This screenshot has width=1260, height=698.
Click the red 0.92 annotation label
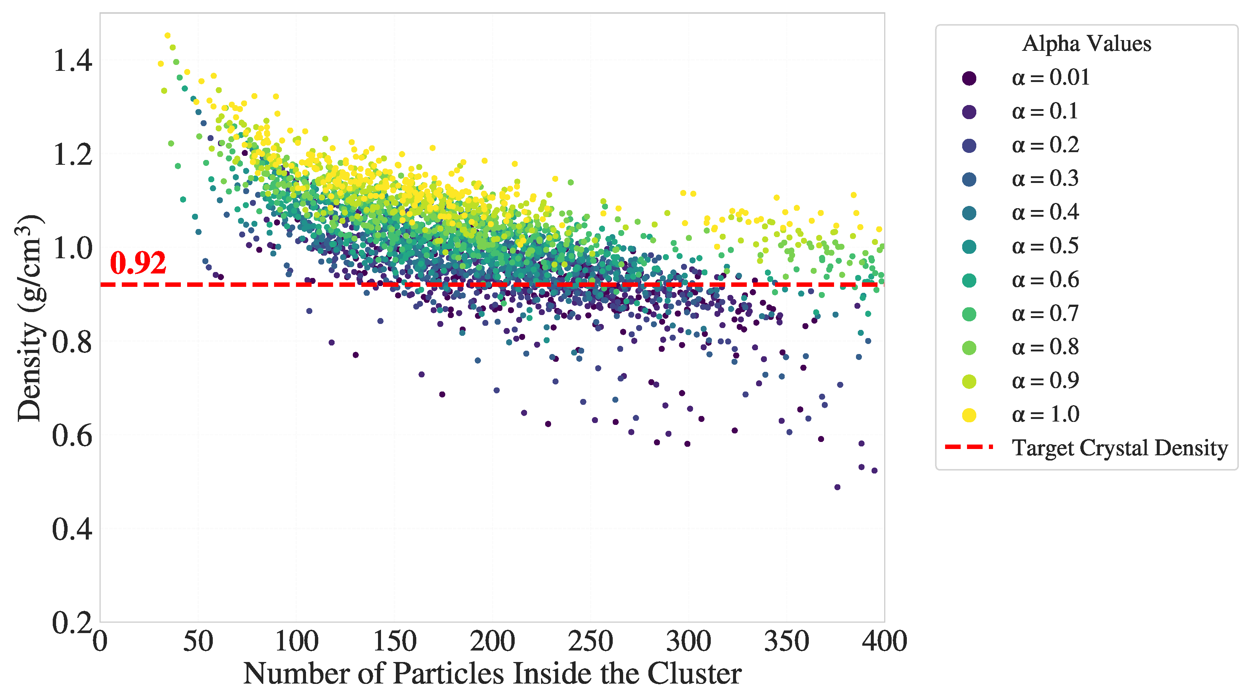(138, 263)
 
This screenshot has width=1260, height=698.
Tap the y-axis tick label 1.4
(72, 61)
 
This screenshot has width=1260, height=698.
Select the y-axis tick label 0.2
(72, 623)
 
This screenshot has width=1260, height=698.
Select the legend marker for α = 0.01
(969, 78)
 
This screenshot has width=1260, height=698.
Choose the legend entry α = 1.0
(1045, 414)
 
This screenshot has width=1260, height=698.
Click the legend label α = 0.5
(1045, 246)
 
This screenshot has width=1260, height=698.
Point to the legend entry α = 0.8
(1045, 347)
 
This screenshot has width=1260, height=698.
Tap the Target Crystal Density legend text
(1120, 448)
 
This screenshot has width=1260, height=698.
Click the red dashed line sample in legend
(969, 447)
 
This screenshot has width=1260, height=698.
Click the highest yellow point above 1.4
(167, 36)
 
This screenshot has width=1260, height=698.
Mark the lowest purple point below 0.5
(837, 487)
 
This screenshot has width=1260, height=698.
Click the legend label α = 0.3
(1045, 179)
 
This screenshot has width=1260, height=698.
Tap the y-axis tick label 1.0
(72, 248)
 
